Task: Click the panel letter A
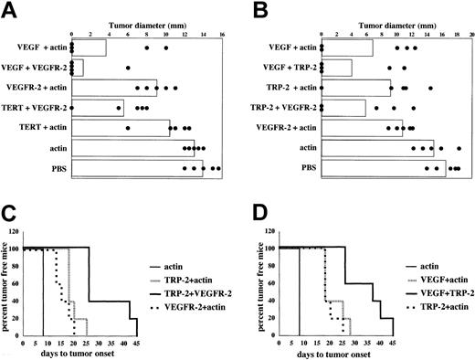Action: click(x=8, y=9)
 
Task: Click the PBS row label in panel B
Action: click(x=298, y=167)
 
